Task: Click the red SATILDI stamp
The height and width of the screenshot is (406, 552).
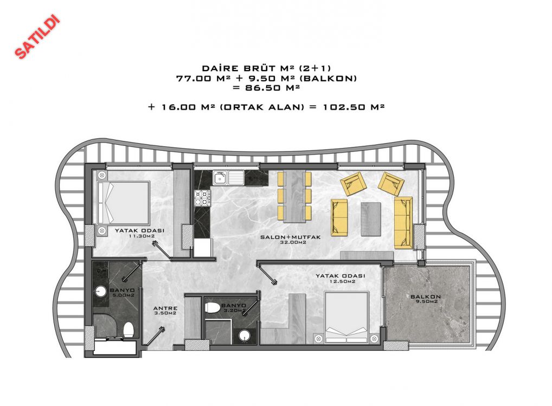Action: (37, 36)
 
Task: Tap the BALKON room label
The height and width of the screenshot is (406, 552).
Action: (426, 297)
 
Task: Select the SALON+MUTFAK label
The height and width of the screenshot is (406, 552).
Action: (291, 237)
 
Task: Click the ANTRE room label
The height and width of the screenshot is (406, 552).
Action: (165, 308)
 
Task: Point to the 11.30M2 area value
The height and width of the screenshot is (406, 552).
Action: (142, 236)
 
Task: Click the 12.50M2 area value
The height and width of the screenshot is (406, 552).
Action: (342, 281)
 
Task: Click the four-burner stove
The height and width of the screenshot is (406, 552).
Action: (202, 198)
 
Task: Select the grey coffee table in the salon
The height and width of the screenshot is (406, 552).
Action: (371, 219)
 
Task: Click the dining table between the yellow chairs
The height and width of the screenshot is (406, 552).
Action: (294, 197)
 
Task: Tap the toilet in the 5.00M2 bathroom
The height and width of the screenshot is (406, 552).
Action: (129, 330)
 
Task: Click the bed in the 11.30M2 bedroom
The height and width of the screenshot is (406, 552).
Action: (124, 203)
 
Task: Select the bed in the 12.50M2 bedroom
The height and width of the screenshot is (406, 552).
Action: (346, 317)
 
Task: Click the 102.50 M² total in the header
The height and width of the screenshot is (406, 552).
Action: (354, 107)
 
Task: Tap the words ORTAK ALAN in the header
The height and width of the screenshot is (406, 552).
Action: (261, 107)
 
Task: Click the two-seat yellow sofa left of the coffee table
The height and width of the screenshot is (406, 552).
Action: (339, 217)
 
